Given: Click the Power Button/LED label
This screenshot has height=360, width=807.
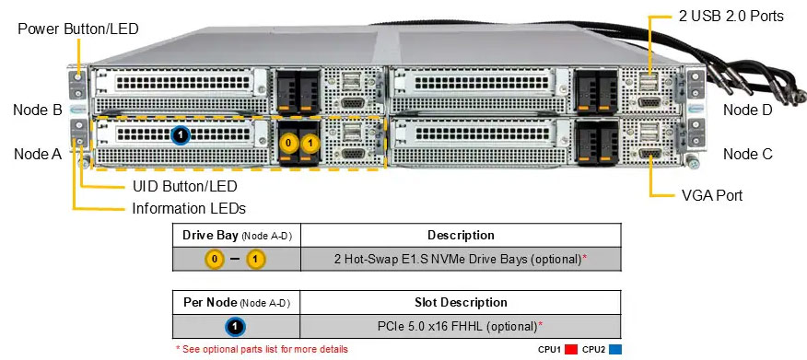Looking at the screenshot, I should point(77,29).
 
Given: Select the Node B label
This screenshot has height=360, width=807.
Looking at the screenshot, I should point(38,110).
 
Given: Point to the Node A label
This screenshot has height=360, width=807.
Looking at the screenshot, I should point(38,154).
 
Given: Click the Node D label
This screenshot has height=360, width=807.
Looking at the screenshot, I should point(747,110).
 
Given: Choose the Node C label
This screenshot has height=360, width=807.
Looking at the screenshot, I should point(747,154).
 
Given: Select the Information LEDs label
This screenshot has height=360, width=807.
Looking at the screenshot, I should point(189,208).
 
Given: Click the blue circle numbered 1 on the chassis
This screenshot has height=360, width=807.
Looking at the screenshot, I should point(181,135).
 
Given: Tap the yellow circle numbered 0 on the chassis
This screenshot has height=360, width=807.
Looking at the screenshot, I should point(289,144).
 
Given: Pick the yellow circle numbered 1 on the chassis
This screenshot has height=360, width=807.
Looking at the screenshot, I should point(310,144).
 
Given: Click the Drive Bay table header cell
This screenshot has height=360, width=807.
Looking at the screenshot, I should point(236,235).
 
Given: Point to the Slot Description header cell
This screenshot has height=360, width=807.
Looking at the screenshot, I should point(461,302).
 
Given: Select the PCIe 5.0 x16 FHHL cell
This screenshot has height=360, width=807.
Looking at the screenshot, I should point(461,326).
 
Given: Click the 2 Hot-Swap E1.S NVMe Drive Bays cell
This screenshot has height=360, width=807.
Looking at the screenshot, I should point(461,259).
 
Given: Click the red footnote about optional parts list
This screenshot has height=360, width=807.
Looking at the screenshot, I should point(262,350).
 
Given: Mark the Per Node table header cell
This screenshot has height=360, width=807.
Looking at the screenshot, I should point(236,302).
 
